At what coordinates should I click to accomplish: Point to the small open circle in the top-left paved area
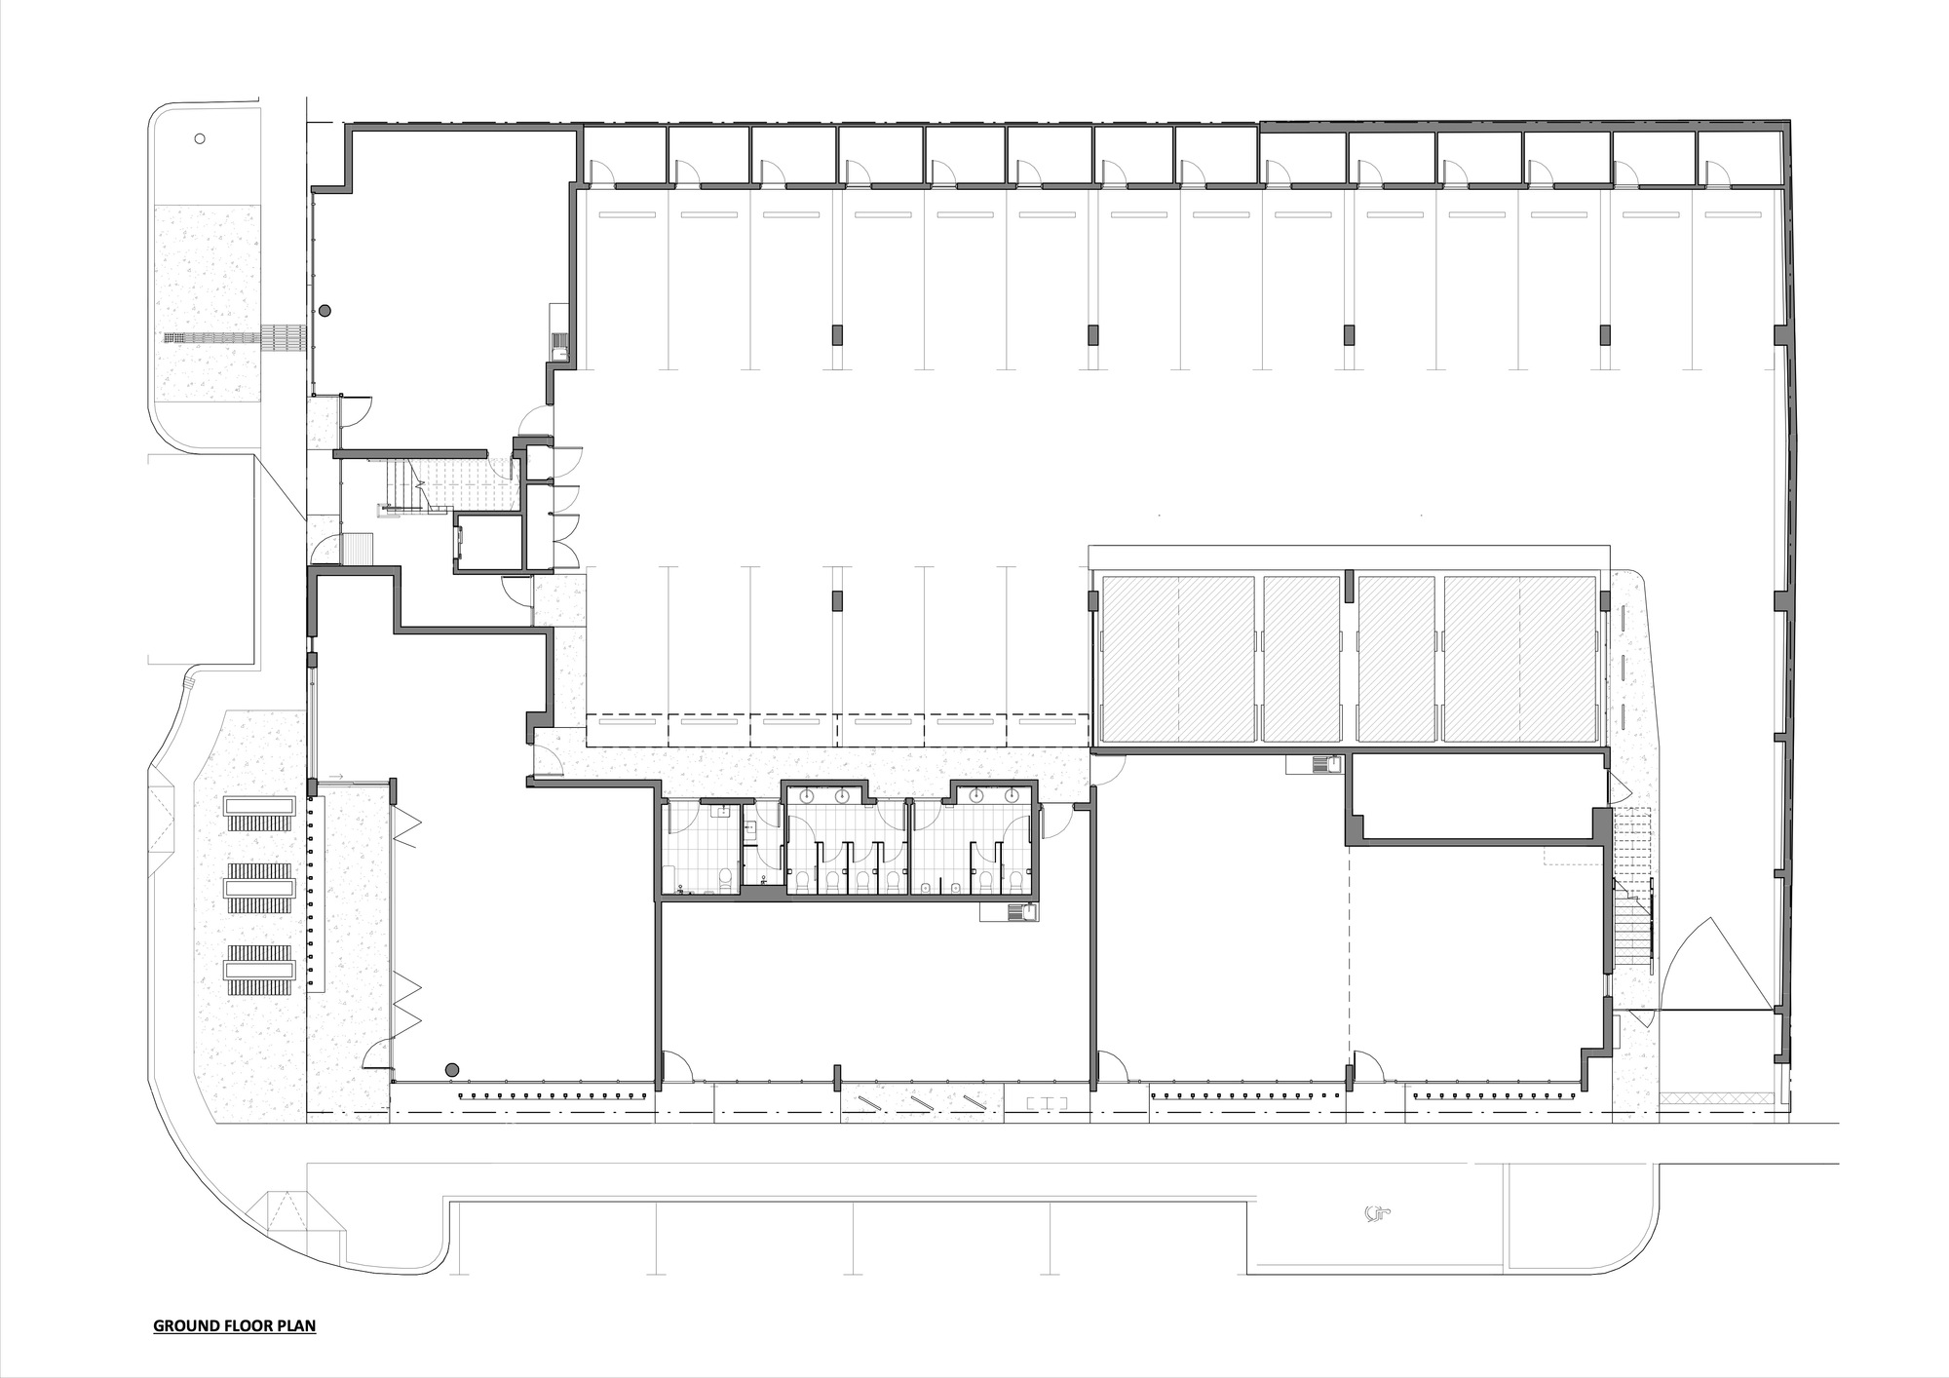(x=200, y=138)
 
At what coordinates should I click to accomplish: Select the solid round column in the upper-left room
(x=325, y=310)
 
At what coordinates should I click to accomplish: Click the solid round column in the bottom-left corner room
(x=452, y=1070)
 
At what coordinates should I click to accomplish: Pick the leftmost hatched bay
(x=1177, y=660)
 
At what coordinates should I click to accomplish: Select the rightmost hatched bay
(x=1520, y=660)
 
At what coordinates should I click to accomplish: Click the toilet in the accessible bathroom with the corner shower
(x=723, y=880)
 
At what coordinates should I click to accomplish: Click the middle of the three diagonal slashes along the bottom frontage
(x=921, y=1101)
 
